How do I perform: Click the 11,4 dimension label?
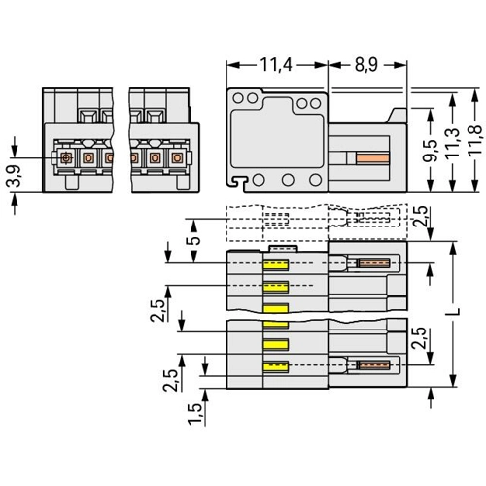[276, 65]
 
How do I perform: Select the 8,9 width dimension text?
[366, 65]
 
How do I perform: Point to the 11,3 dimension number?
[453, 144]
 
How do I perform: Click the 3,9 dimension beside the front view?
[14, 176]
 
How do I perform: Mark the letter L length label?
[455, 312]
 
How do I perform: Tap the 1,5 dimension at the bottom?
[195, 414]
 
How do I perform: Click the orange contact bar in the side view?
[372, 158]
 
